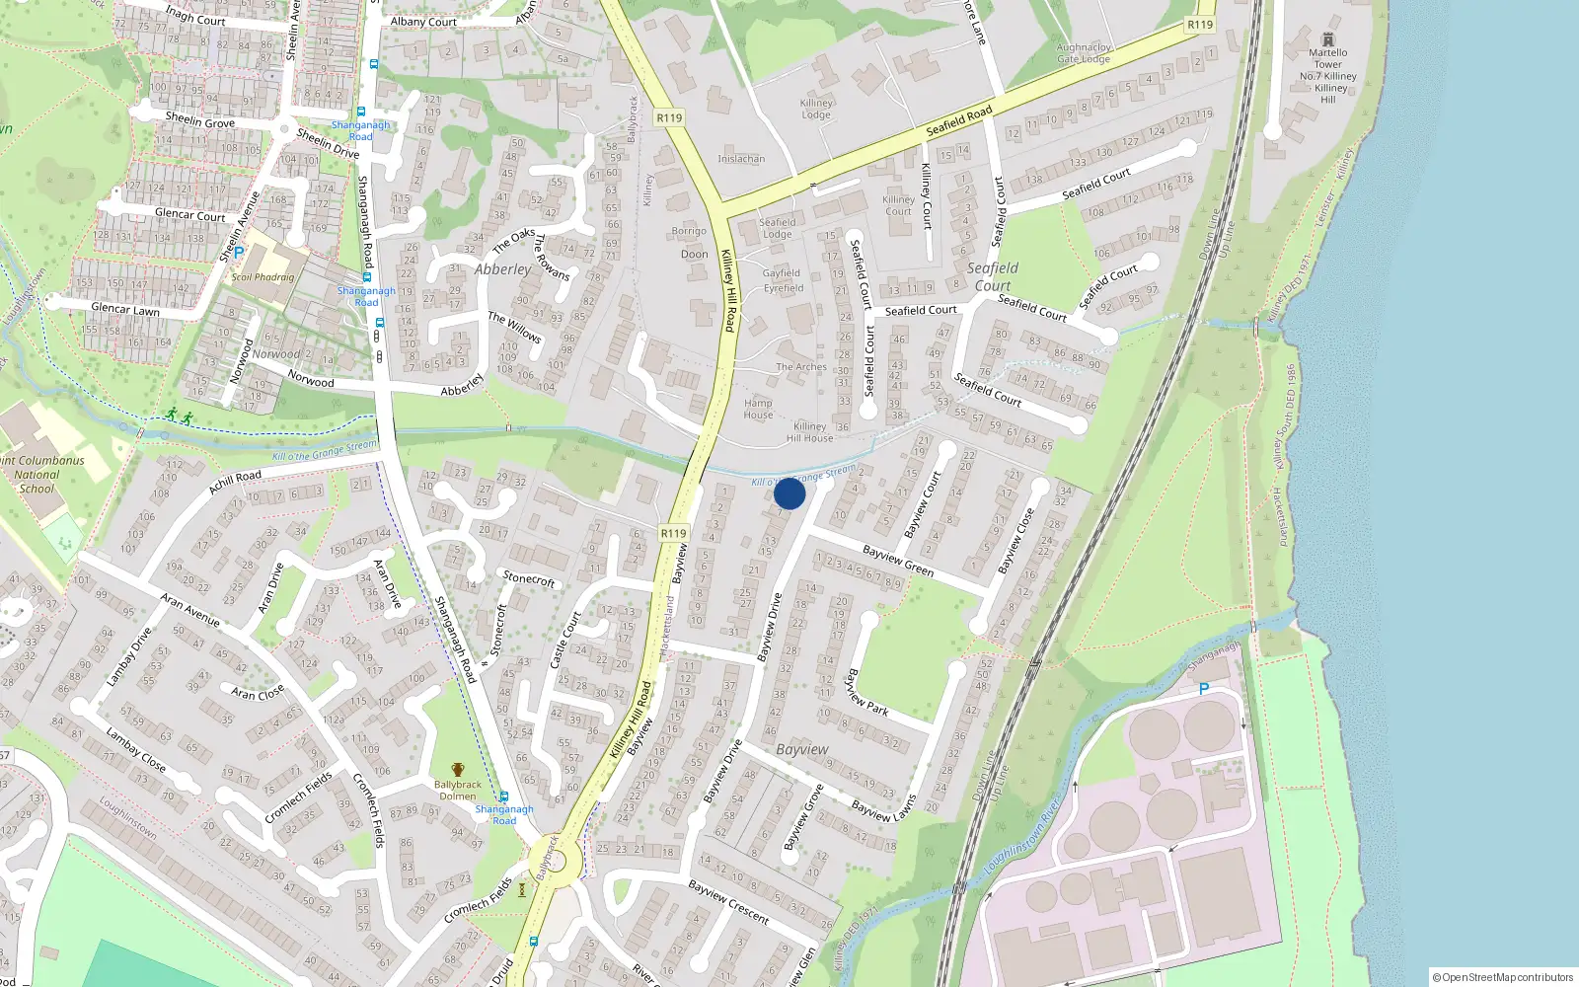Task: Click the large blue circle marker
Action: (789, 493)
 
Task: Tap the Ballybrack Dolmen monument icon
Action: (457, 770)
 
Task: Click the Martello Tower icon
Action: (1327, 39)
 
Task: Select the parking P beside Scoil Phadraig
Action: (238, 254)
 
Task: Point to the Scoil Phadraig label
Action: (263, 277)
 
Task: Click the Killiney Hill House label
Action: (809, 432)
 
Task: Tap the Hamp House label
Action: (758, 409)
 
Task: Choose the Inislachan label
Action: (741, 159)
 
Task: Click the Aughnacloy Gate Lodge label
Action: (1084, 53)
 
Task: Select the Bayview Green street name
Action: (898, 561)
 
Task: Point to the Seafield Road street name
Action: (959, 121)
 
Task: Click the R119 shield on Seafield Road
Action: (1200, 25)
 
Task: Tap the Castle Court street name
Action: (564, 639)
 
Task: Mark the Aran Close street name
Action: (258, 693)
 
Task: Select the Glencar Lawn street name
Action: (125, 309)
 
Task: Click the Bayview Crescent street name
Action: (728, 902)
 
